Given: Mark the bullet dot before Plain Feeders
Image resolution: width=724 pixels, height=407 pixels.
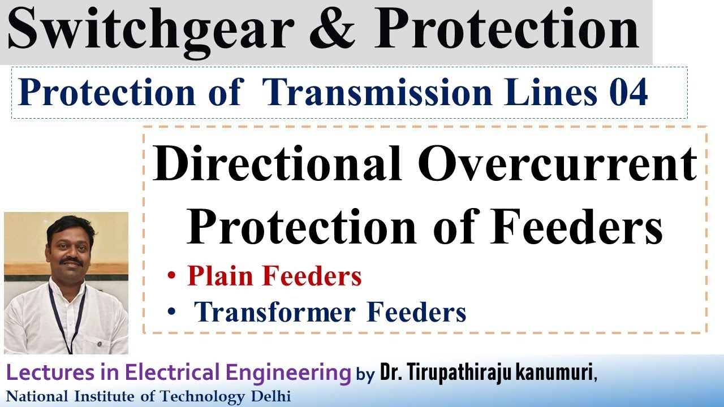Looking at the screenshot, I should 171,278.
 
